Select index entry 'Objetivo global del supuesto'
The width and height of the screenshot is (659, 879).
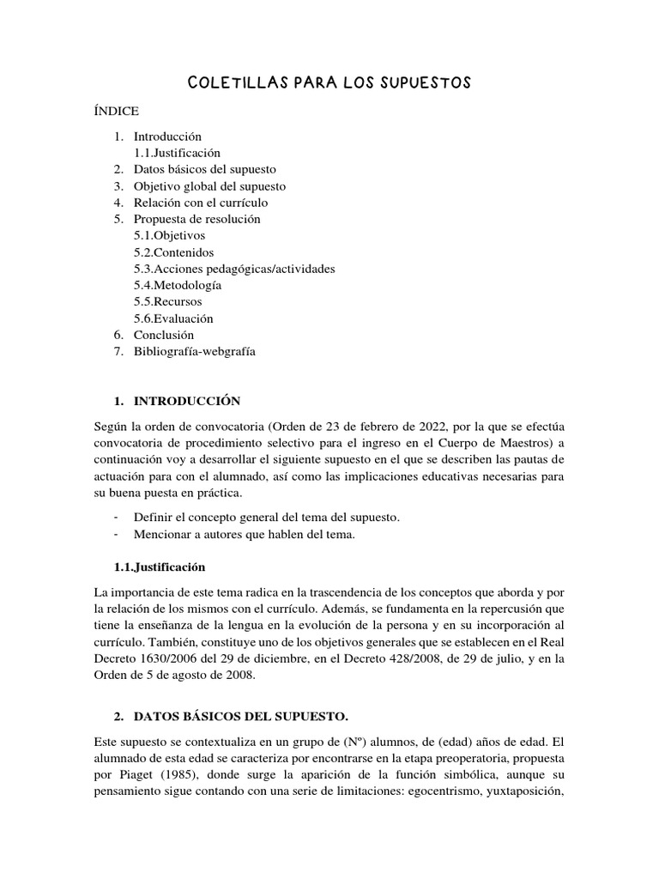pos(209,185)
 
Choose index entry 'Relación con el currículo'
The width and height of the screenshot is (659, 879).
pos(201,203)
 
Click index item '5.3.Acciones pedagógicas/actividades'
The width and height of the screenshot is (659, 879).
pos(234,269)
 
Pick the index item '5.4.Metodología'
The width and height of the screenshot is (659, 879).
pos(178,285)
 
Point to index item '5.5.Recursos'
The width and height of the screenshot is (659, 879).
pos(168,302)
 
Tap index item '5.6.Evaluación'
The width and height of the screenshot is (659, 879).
pos(173,318)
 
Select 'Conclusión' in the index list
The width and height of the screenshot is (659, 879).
pos(164,335)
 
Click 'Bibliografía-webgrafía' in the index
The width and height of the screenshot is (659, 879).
pos(195,351)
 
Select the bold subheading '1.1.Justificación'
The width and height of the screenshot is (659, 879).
pos(160,567)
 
